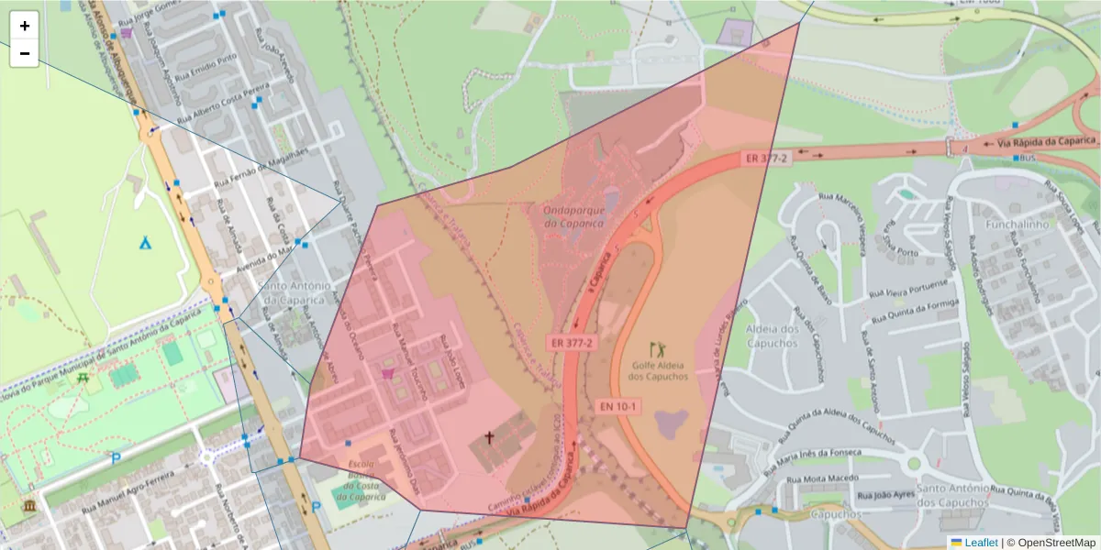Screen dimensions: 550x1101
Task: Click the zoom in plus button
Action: (x=25, y=26)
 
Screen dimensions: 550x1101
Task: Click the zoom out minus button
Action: (x=25, y=53)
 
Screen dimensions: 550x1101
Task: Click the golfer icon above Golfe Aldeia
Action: (x=658, y=348)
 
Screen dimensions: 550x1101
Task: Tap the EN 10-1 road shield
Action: (x=619, y=404)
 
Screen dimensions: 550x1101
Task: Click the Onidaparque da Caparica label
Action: (x=564, y=215)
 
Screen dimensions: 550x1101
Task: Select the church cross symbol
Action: (x=490, y=439)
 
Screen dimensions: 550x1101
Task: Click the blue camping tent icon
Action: (x=145, y=243)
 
